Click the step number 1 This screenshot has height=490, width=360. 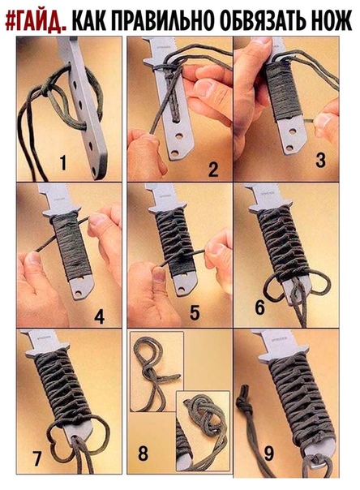tap(63, 163)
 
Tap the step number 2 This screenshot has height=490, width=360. tap(213, 170)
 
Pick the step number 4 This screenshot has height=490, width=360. tap(99, 316)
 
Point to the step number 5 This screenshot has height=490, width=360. tap(195, 312)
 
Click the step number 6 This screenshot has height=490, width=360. tap(259, 307)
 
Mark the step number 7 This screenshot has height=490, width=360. tap(36, 458)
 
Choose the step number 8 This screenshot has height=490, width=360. tap(143, 453)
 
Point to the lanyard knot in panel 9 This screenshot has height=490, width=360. tap(245, 404)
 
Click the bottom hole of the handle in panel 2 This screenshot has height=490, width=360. tap(175, 153)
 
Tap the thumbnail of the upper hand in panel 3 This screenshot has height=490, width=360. tap(262, 41)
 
